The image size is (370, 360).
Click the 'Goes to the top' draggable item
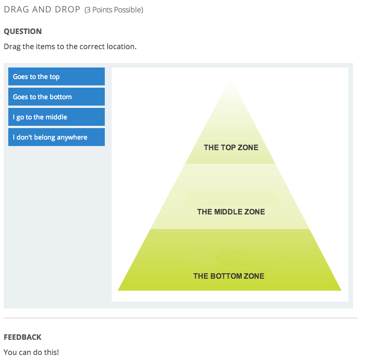point(56,77)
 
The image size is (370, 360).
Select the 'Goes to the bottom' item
point(56,97)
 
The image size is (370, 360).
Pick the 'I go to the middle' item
point(56,117)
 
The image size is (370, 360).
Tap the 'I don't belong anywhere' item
point(56,137)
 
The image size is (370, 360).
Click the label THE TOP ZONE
point(231,147)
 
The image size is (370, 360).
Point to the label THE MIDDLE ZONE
point(231,212)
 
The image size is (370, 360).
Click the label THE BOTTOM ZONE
point(228,276)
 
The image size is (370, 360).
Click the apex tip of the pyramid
point(231,81)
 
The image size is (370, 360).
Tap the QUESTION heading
point(23,31)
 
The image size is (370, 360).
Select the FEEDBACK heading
point(23,337)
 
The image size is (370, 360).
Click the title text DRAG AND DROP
point(42,9)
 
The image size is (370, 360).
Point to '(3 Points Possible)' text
point(114,10)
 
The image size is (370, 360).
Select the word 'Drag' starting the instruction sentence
point(12,46)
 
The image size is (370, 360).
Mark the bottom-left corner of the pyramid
point(119,290)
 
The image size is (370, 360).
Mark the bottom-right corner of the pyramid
point(341,290)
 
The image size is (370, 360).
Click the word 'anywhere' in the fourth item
point(72,137)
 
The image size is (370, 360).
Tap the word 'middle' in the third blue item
point(57,117)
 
